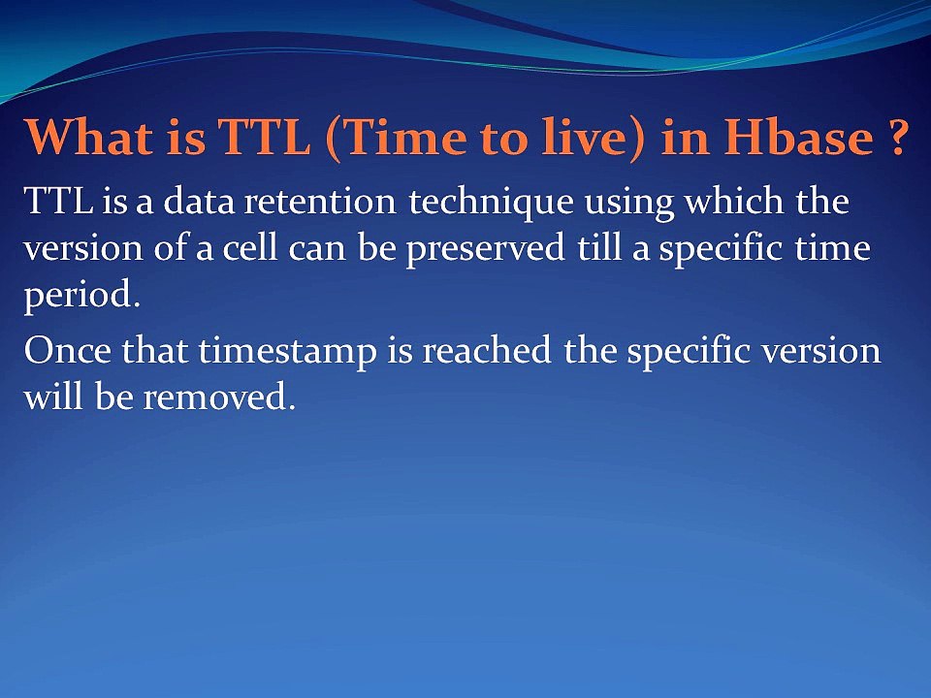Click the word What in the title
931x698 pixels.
tap(88, 137)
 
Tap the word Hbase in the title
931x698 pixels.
tap(798, 137)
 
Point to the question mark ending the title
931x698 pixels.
tap(896, 137)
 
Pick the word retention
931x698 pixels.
tap(320, 202)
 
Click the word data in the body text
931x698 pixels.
tap(200, 201)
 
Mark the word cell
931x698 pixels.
tap(250, 247)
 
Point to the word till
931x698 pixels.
tap(598, 247)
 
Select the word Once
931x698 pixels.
tap(67, 350)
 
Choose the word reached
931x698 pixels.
tap(486, 349)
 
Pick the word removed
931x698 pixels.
tap(219, 397)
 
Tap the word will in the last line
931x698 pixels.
tap(53, 396)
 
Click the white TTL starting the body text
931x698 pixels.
tap(59, 201)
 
